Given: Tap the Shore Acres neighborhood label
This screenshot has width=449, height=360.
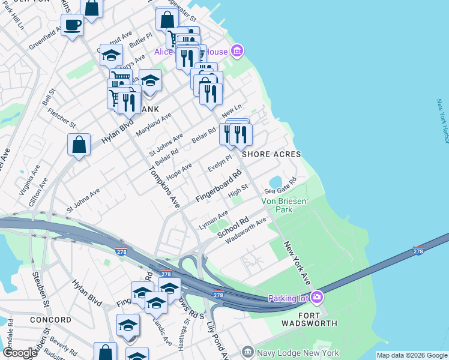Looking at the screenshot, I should (271, 154).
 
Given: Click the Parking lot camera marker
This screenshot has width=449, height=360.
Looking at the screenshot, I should (317, 297).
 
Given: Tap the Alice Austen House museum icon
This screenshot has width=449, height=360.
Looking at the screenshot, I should (237, 52).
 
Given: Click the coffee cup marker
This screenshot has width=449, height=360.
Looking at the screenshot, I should (73, 25).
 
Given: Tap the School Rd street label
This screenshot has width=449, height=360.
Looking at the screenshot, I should (233, 227).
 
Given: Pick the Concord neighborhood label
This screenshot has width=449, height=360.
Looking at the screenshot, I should (50, 320).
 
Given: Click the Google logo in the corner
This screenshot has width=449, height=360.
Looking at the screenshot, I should (20, 353).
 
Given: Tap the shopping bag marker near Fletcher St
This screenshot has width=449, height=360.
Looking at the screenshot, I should (79, 145).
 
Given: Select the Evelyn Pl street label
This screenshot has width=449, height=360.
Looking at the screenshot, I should (219, 164).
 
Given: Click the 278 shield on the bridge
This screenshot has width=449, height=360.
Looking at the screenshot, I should (418, 250).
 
